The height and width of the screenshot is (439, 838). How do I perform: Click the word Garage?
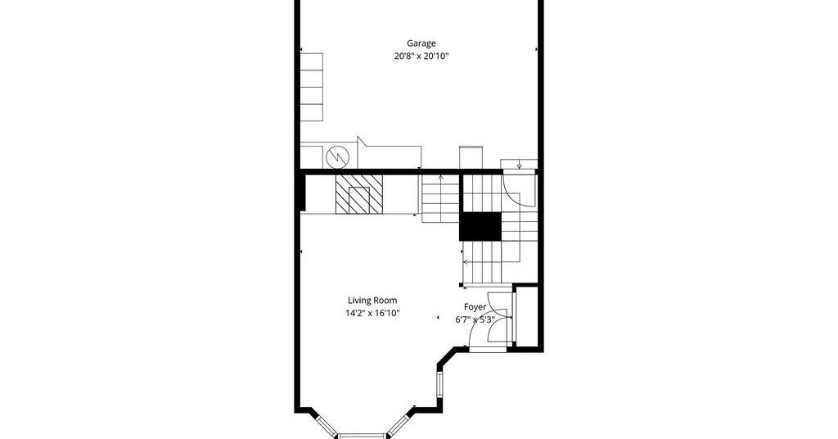tap(421, 44)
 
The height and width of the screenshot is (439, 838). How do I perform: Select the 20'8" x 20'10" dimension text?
tap(421, 56)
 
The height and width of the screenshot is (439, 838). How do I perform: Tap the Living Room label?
tap(372, 301)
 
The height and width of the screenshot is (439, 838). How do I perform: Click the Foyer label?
tap(475, 307)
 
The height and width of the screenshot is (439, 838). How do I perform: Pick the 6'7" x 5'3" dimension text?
tap(475, 319)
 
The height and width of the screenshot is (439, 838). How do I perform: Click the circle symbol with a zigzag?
tap(338, 156)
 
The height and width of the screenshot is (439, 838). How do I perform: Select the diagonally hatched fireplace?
tap(359, 194)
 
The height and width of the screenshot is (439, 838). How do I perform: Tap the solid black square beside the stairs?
tap(481, 226)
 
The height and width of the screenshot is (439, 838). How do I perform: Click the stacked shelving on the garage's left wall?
tap(312, 87)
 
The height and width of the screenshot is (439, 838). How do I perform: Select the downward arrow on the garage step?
tap(519, 165)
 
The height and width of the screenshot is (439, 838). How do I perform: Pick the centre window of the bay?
tap(362, 436)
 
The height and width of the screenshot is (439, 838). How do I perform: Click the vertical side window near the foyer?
tap(439, 384)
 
